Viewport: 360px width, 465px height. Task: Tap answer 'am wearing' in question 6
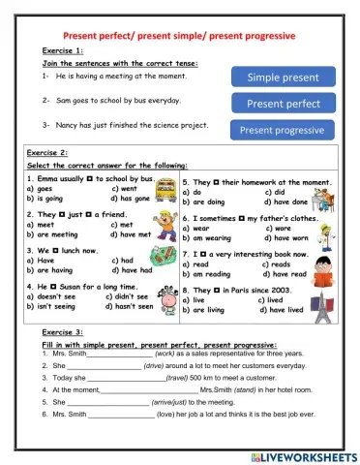pos(208,238)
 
